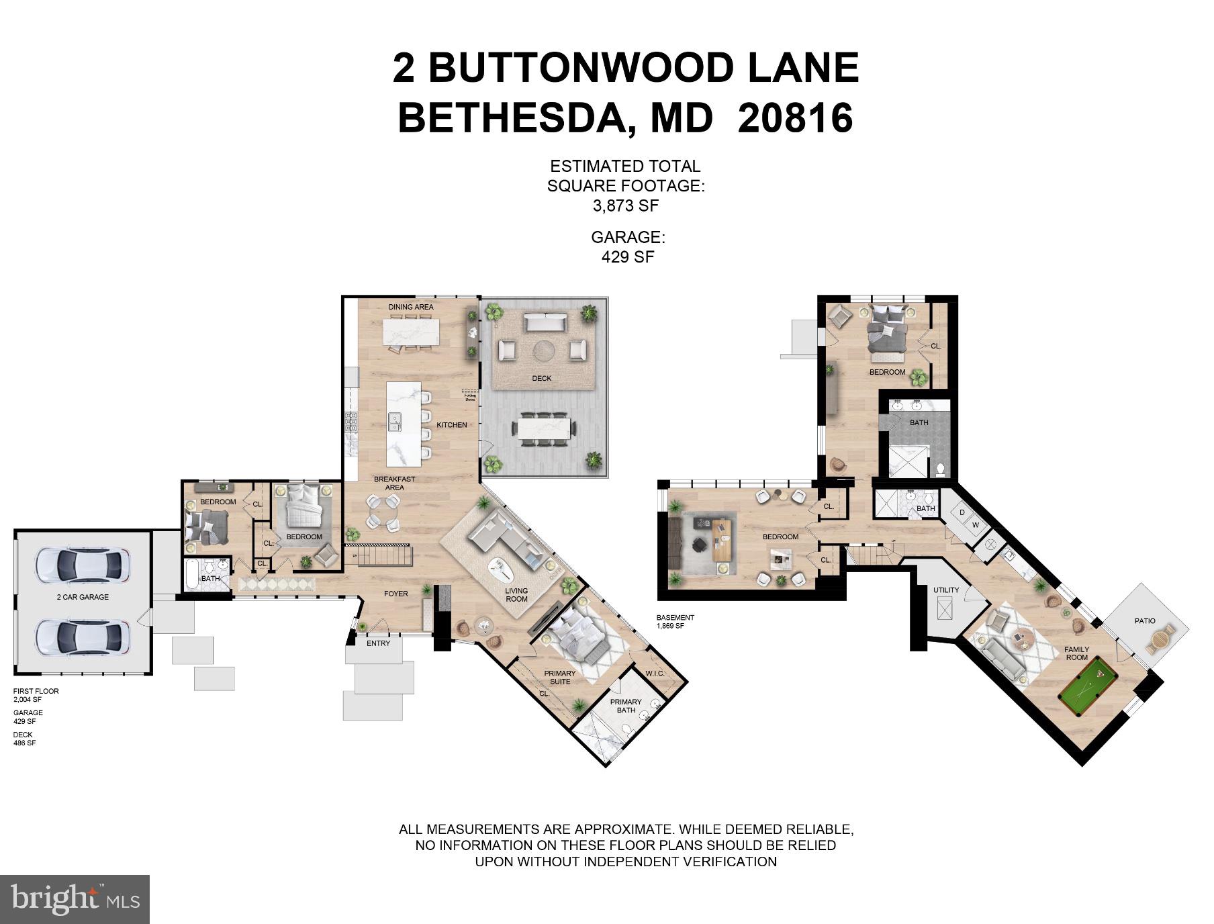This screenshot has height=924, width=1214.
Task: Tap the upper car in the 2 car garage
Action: pyautogui.click(x=83, y=565)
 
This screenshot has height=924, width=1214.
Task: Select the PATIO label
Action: pyautogui.click(x=1145, y=620)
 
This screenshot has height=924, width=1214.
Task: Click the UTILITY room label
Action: pyautogui.click(x=946, y=590)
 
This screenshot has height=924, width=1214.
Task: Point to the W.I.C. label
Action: pyautogui.click(x=655, y=674)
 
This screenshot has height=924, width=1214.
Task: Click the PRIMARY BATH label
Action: pyautogui.click(x=626, y=706)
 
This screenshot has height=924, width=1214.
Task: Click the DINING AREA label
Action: pyautogui.click(x=411, y=307)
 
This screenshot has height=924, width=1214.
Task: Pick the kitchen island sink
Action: pyautogui.click(x=395, y=422)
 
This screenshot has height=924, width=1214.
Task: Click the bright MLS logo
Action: pyautogui.click(x=75, y=899)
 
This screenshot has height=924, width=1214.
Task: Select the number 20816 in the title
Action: pyautogui.click(x=795, y=118)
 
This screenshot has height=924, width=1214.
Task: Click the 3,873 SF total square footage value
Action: pyautogui.click(x=625, y=206)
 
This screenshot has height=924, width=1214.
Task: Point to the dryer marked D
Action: pyautogui.click(x=962, y=513)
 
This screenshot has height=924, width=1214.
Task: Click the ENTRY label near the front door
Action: pyautogui.click(x=378, y=643)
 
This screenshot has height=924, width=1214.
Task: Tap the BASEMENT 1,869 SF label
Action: pyautogui.click(x=675, y=622)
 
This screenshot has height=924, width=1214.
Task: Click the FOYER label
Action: pyautogui.click(x=395, y=594)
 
